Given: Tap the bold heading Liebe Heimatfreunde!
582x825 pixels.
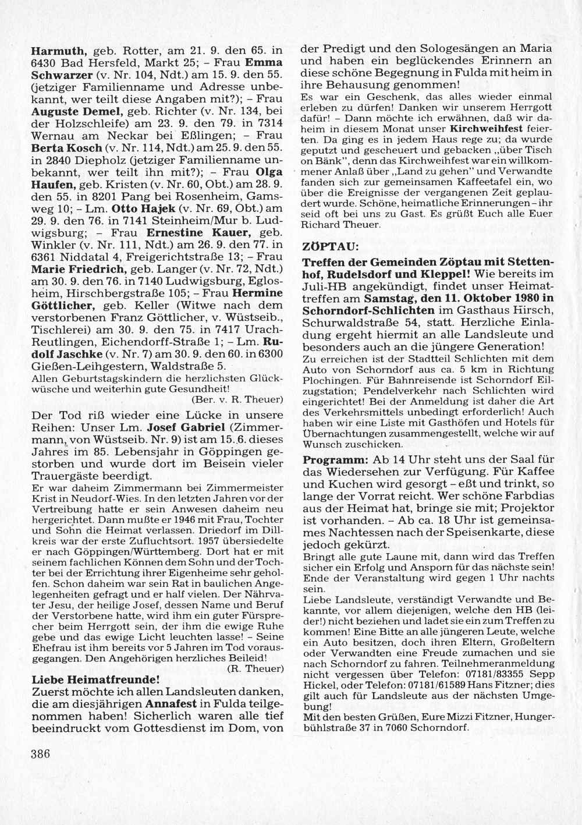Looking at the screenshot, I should [95, 679].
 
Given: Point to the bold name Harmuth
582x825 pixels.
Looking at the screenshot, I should [58, 50].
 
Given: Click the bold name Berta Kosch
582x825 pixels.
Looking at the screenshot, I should [65, 148].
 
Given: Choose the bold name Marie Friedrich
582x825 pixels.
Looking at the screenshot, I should [77, 269].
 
